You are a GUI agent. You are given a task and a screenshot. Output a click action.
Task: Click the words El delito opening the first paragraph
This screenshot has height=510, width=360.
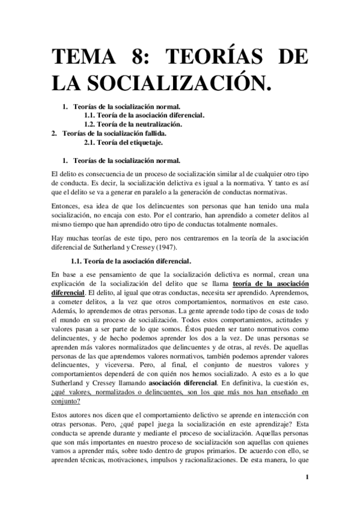66,173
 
